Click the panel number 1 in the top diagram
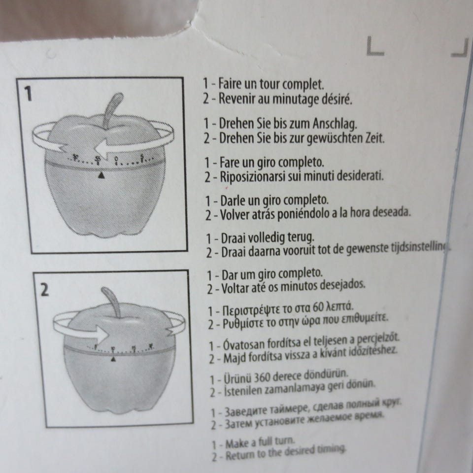point(29,94)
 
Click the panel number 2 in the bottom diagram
point(45,290)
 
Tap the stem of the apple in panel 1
point(114,106)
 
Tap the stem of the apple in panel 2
point(113,301)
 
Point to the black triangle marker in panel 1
point(102,175)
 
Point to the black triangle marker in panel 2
point(114,360)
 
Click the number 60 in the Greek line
point(318,308)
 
